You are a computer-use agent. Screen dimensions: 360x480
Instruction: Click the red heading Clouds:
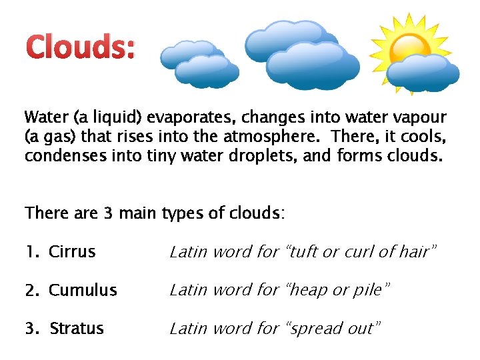coord(80,48)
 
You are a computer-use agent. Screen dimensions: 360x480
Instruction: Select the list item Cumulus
coord(83,291)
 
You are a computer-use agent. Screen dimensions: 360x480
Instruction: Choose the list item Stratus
coord(77,329)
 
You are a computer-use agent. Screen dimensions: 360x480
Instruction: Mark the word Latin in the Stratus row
coord(187,329)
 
